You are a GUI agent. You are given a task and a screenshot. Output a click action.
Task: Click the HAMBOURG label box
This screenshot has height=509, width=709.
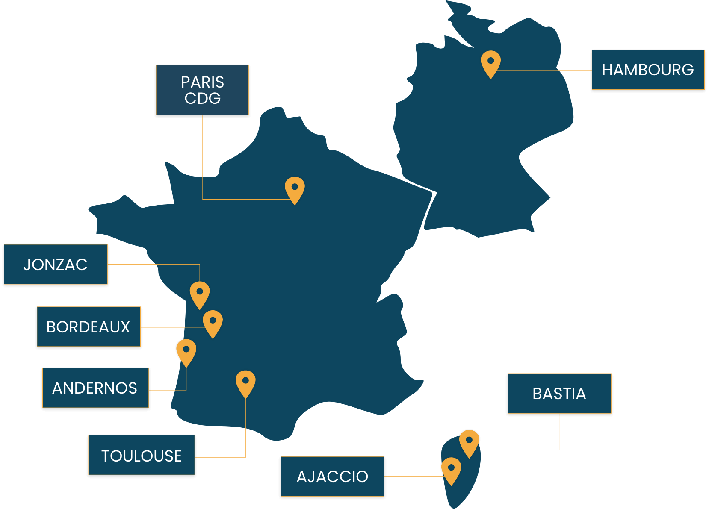pos(648,70)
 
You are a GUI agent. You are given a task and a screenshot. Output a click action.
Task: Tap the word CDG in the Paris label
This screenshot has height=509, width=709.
pos(203,98)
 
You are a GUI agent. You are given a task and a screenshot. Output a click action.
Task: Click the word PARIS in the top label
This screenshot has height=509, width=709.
pos(203,82)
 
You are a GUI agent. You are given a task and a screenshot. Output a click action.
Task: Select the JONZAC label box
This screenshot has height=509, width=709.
pos(56,264)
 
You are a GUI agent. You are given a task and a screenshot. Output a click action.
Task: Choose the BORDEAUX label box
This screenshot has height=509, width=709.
pos(89,327)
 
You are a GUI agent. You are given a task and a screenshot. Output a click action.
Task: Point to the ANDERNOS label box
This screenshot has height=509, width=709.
pos(96,388)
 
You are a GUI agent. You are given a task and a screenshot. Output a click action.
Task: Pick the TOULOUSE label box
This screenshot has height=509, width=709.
pos(142,455)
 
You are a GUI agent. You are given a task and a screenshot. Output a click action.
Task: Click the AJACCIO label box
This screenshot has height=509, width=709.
pos(332,477)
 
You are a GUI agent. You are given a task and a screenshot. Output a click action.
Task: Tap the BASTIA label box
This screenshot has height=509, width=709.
pos(559,394)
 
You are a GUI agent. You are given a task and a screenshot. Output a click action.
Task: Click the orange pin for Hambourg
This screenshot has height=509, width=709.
pos(490,63)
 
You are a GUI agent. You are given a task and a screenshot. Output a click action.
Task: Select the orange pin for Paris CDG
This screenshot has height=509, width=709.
pos(295,189)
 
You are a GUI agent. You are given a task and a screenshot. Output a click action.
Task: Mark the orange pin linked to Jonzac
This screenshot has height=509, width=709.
pos(200,294)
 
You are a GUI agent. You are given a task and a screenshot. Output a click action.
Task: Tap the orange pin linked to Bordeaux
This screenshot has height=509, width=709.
pos(213,323)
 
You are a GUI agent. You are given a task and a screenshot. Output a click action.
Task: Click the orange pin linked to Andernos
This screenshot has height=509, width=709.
pos(186,352)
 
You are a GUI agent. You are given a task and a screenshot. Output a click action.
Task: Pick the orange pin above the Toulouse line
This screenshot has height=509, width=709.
pos(245,383)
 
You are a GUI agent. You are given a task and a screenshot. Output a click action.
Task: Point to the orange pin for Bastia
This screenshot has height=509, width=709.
pos(469,443)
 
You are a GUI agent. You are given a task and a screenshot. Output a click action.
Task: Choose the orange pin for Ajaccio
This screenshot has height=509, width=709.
pos(451,470)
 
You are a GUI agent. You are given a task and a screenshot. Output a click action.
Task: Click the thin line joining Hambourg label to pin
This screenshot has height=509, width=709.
pos(544,70)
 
